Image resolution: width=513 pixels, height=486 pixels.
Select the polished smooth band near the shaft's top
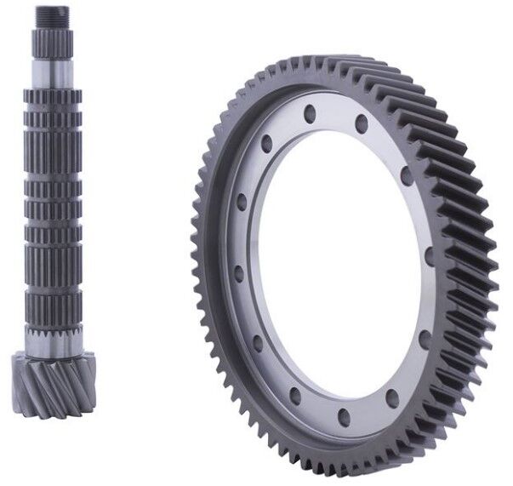click(54, 67)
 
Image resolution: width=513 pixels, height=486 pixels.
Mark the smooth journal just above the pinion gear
click(54, 344)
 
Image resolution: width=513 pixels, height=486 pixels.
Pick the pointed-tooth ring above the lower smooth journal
click(54, 328)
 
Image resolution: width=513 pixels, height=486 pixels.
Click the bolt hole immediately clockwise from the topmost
click(362, 124)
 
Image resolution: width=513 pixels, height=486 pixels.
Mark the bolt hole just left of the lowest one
click(295, 397)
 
